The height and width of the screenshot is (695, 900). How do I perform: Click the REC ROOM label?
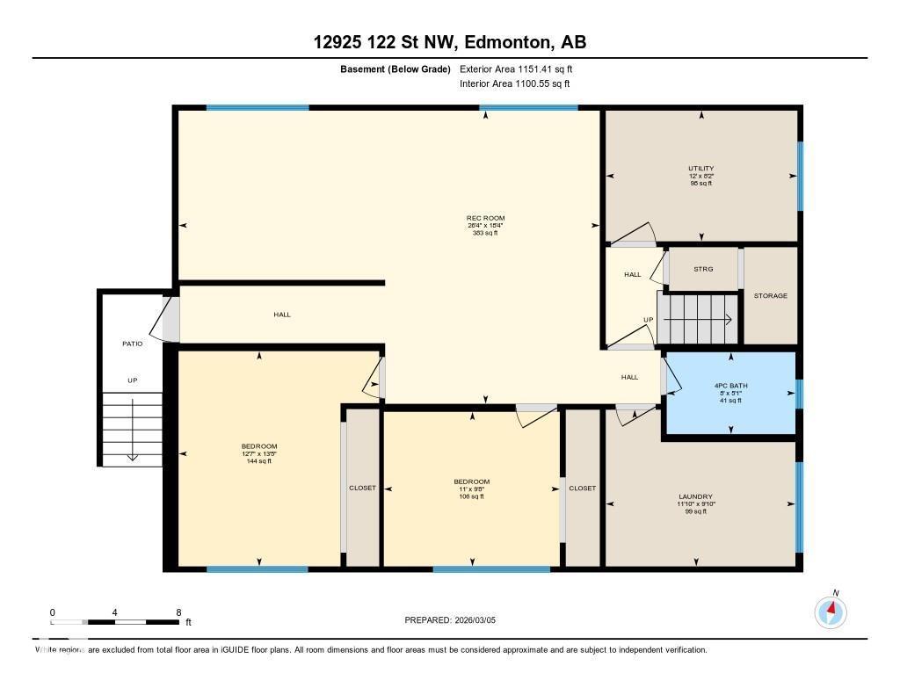coord(485,218)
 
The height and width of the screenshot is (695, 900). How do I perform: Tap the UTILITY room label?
coord(700,168)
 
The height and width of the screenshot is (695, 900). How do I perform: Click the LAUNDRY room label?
coord(695,496)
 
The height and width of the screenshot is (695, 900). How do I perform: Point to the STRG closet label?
coord(703,270)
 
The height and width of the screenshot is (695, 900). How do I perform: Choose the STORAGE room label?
coord(770,296)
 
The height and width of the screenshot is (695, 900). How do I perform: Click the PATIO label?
coord(132,344)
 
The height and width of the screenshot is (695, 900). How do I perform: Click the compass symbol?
coord(831,612)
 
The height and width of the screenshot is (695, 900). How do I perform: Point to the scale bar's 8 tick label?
coord(178,612)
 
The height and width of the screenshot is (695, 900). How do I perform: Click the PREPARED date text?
coord(450,620)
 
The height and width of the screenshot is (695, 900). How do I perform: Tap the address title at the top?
coord(450,41)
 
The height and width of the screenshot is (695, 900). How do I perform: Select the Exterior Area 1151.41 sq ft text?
coord(516,69)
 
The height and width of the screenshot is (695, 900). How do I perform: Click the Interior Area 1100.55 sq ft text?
coord(514,84)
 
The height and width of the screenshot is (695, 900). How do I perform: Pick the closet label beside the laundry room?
coord(582,489)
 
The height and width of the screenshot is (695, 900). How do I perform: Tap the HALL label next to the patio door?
coord(281,315)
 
